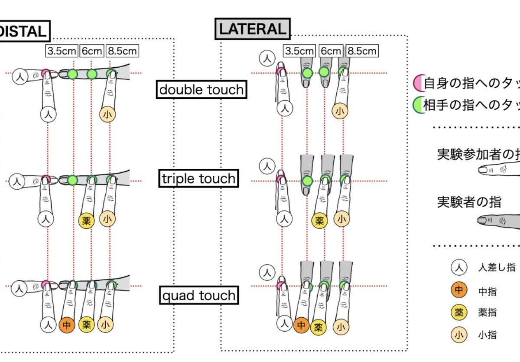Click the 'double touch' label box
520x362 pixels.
tap(201, 89)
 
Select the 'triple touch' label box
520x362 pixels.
tap(199, 178)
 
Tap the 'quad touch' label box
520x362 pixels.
tap(199, 296)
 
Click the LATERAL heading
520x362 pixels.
tap(253, 29)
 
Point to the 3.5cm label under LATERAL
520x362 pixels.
tap(299, 51)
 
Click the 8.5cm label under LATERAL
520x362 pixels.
tap(362, 51)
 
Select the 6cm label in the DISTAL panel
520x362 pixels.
tap(91, 51)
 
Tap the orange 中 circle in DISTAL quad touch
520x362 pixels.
tap(67, 324)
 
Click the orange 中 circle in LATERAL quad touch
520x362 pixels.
tap(301, 325)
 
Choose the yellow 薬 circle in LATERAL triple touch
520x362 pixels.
tap(320, 220)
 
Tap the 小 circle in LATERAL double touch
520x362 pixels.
tap(341, 111)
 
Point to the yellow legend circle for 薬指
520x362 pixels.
tap(459, 312)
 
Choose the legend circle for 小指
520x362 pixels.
tap(459, 335)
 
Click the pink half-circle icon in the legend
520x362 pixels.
tap(418, 83)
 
